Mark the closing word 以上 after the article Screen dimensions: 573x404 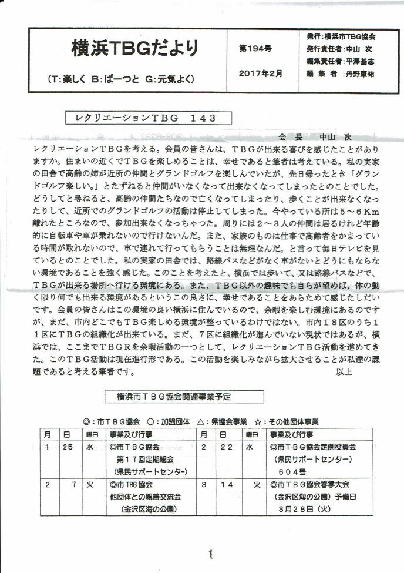(x=344, y=372)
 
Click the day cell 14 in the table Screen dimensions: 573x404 (x=228, y=485)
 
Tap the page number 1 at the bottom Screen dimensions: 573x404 (x=210, y=555)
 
